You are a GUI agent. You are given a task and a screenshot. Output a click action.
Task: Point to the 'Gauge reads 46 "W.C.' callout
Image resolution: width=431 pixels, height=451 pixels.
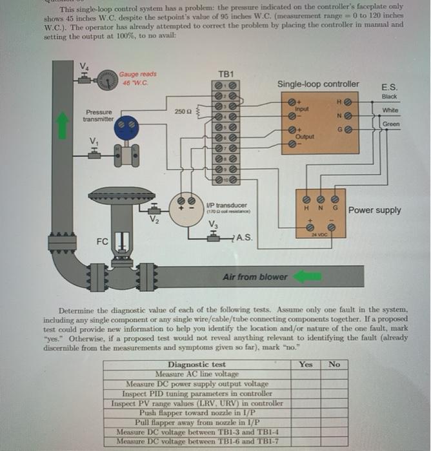click(135, 79)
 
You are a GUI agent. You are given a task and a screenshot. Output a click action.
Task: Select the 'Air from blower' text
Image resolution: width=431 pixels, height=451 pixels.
click(255, 277)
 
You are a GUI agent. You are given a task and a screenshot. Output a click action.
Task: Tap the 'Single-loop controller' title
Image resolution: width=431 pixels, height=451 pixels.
click(318, 84)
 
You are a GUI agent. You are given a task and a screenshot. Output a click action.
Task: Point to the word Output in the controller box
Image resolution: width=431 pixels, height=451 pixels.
click(304, 137)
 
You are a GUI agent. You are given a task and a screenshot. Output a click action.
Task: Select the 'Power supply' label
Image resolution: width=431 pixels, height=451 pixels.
click(374, 210)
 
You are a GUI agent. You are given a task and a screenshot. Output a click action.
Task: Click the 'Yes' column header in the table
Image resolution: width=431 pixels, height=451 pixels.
click(306, 364)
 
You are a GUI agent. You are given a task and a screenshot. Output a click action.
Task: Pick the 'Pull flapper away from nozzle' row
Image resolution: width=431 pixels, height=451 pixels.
click(196, 422)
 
